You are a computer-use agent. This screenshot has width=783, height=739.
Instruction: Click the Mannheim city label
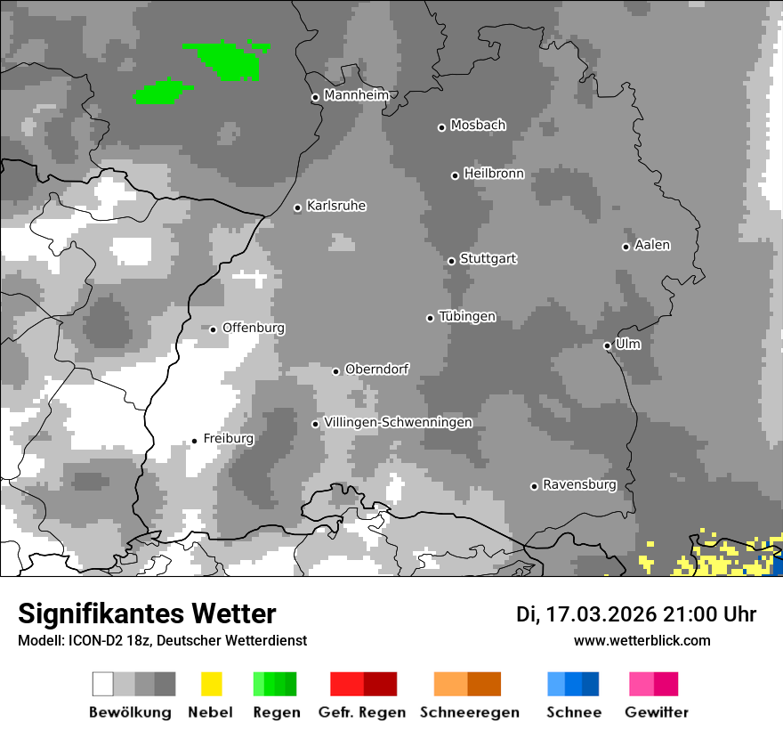pyautogui.click(x=356, y=95)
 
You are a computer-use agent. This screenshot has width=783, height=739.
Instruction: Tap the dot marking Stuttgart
pyautogui.click(x=452, y=261)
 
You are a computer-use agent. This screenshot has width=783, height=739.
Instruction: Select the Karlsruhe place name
pyautogui.click(x=335, y=207)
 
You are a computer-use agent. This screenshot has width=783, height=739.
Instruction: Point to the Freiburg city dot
pyautogui.click(x=194, y=441)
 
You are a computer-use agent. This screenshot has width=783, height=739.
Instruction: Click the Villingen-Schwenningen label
pyautogui.click(x=398, y=423)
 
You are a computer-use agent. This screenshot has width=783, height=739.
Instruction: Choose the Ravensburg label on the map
pyautogui.click(x=579, y=485)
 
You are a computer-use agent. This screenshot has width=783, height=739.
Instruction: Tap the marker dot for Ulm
pyautogui.click(x=607, y=345)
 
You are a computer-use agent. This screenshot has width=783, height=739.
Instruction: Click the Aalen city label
pyautogui.click(x=652, y=246)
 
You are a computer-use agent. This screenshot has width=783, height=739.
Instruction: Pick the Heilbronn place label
pyautogui.click(x=494, y=174)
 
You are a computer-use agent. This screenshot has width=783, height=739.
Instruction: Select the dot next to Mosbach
pyautogui.click(x=441, y=127)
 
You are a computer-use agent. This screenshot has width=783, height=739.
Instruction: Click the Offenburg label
pyautogui.click(x=253, y=328)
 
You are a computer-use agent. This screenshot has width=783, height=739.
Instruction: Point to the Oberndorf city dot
pyautogui.click(x=335, y=371)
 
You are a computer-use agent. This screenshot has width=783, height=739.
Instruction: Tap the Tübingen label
pyautogui.click(x=467, y=317)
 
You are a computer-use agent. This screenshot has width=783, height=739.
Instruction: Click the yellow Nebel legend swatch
pyautogui.click(x=212, y=684)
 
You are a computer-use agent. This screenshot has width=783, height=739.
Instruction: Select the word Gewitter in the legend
pyautogui.click(x=657, y=712)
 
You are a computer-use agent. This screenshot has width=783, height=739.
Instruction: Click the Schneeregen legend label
pyautogui.click(x=469, y=712)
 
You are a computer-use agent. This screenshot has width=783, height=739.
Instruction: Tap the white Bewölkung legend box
pyautogui.click(x=103, y=684)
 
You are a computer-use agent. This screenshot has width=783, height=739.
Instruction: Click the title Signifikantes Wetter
pyautogui.click(x=147, y=614)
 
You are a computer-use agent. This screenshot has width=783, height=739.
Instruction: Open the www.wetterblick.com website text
pyautogui.click(x=642, y=640)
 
